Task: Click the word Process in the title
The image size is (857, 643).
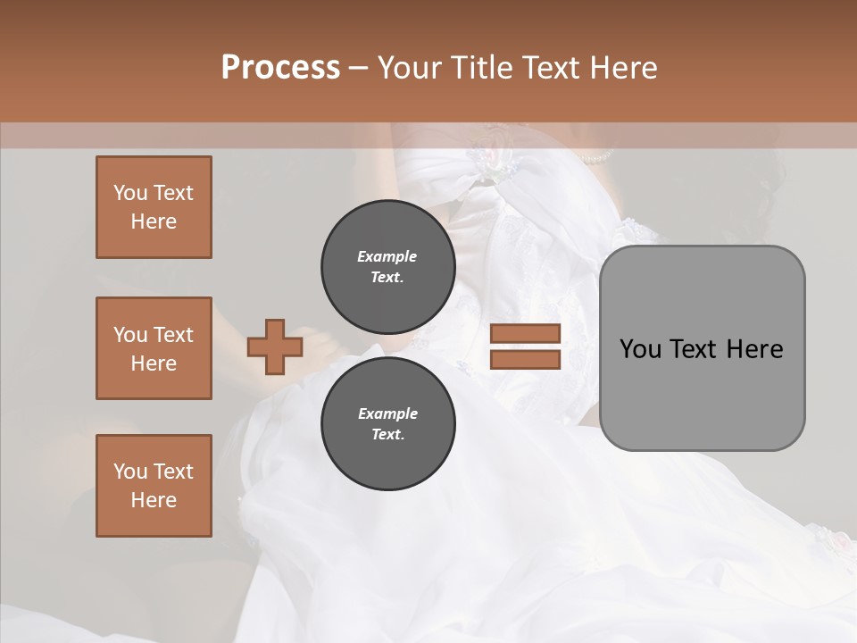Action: click(x=280, y=68)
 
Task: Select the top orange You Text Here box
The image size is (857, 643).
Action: click(x=154, y=207)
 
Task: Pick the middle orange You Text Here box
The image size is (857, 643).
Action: click(x=154, y=348)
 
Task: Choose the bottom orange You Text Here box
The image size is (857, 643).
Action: click(x=154, y=486)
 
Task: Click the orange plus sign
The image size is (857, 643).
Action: click(x=275, y=347)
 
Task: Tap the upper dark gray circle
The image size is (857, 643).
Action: click(x=387, y=267)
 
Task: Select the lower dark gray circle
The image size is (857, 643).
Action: click(x=387, y=424)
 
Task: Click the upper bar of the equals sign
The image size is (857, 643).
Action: click(x=525, y=333)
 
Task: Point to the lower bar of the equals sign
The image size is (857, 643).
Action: click(x=525, y=359)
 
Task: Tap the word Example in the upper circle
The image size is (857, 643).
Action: click(x=387, y=256)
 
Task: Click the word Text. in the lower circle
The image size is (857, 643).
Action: click(x=387, y=435)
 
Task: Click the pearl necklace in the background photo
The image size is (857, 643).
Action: click(x=595, y=158)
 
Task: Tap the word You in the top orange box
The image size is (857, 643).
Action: click(x=130, y=193)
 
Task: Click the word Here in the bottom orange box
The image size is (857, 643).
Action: click(x=154, y=500)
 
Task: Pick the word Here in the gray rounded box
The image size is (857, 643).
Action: click(x=754, y=349)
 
